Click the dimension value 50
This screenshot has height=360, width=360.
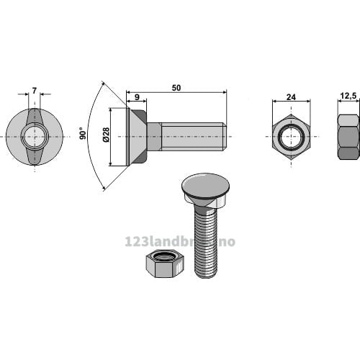click(x=176, y=88)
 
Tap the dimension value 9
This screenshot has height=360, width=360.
click(x=137, y=97)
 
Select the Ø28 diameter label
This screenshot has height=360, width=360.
click(x=106, y=135)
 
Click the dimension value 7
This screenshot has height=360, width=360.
click(x=35, y=91)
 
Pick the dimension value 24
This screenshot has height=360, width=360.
click(x=291, y=97)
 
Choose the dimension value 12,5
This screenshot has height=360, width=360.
click(x=348, y=96)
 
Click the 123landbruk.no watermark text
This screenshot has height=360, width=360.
click(x=180, y=242)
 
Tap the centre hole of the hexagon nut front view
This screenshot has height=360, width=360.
click(x=292, y=137)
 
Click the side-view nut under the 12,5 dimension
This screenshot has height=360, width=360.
click(x=348, y=137)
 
